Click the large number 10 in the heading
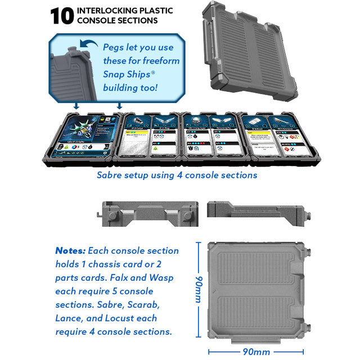click(x=62, y=16)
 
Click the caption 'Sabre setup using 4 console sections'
click(x=177, y=175)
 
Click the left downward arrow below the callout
click(x=75, y=106)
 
